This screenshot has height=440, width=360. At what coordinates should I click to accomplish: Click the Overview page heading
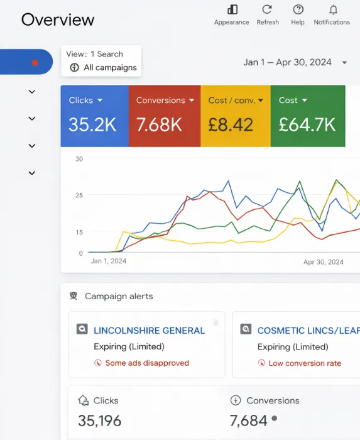coord(58,19)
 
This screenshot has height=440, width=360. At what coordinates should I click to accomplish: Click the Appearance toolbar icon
coord(232,9)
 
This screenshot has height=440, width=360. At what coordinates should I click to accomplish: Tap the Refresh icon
coord(267,9)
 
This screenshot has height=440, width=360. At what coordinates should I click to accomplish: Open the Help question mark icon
coord(298,9)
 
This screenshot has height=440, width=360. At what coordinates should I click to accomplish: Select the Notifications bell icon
coord(332,9)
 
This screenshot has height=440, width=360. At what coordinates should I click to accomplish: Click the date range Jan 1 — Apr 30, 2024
coord(287,62)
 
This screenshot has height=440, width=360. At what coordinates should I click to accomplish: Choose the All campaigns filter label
coord(110,67)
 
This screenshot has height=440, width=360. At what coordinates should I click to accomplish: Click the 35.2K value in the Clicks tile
coord(92,124)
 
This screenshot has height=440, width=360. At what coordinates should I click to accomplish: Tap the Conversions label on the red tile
coord(160,101)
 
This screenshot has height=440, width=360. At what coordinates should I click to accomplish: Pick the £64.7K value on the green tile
coord(307,124)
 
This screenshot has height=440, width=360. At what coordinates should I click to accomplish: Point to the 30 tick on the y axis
coord(79,159)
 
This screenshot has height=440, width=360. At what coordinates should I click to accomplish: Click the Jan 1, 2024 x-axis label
coord(109,261)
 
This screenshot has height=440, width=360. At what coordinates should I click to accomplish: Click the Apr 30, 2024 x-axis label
coord(323,261)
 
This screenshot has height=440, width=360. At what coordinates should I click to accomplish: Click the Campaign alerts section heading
coord(119,296)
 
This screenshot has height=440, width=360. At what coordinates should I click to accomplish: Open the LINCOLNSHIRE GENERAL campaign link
coord(149,330)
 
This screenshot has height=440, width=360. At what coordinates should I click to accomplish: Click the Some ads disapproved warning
coord(146,363)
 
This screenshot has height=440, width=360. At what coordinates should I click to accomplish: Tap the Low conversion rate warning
coord(305,363)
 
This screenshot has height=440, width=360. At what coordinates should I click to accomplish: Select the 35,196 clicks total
coord(99,420)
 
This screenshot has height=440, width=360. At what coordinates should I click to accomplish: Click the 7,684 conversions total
coord(248,420)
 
